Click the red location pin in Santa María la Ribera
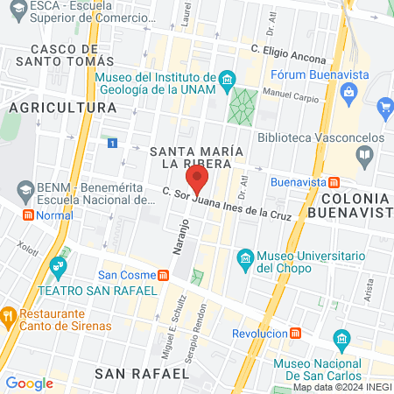click(198, 181)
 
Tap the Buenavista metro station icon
click(334, 182)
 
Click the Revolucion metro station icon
click(295, 334)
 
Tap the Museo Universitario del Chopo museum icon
click(246, 257)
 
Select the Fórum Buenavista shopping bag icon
click(349, 92)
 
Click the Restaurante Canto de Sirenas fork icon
click(10, 313)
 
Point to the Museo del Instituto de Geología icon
click(228, 81)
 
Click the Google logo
click(29, 383)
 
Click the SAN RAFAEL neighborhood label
click(141, 373)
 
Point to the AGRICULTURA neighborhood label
click(62, 107)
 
